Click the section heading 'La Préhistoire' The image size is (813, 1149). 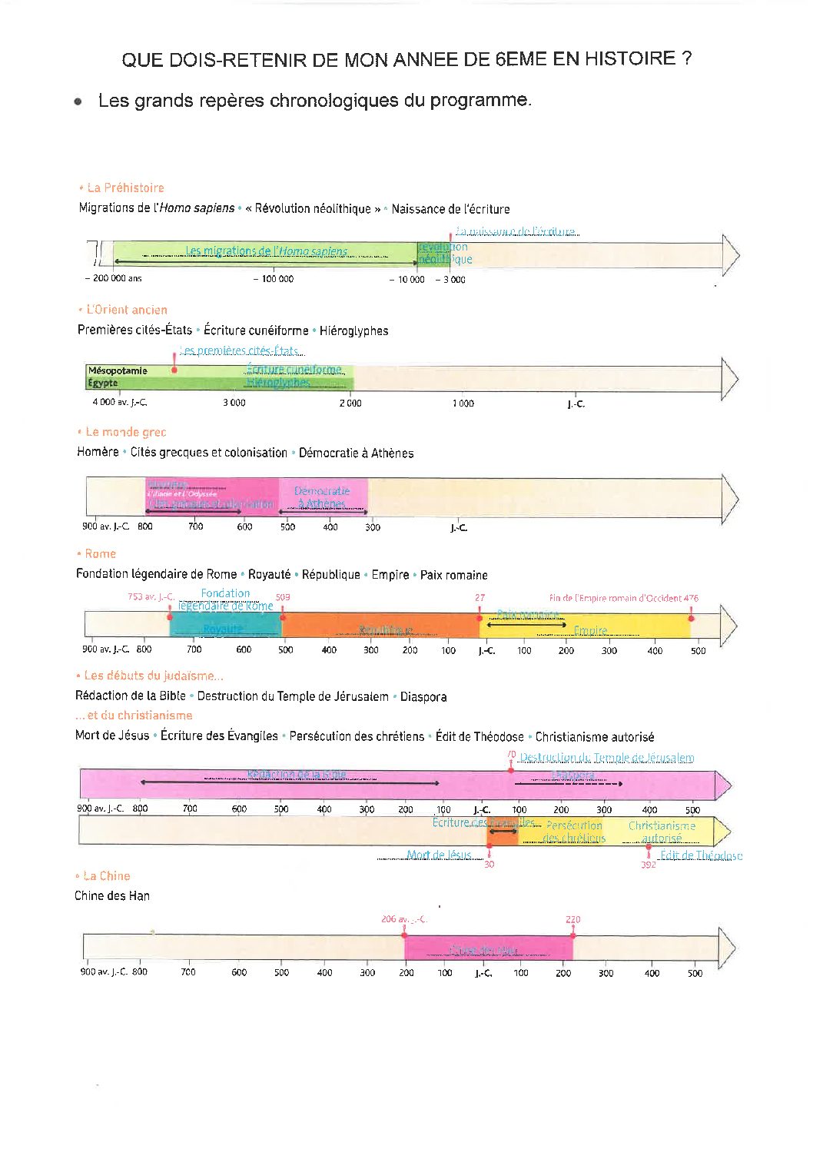[125, 188]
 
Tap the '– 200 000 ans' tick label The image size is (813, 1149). [114, 279]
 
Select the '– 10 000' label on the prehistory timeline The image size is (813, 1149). [406, 280]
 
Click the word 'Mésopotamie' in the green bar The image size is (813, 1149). [118, 370]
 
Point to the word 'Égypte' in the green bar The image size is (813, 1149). [103, 383]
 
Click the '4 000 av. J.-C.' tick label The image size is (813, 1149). [119, 403]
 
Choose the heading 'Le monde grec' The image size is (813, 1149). [125, 432]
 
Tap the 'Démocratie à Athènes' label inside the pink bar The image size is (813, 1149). [322, 496]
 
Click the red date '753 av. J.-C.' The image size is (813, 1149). [151, 596]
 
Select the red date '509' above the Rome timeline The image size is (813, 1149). [283, 597]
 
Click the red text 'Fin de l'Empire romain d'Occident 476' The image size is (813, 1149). [623, 598]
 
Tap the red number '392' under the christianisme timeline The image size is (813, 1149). [649, 865]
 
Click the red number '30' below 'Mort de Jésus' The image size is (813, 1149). [489, 865]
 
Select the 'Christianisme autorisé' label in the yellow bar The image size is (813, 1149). [662, 832]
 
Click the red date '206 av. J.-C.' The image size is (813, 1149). [403, 919]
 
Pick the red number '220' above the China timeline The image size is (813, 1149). [572, 919]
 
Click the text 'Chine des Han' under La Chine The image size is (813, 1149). [112, 896]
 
